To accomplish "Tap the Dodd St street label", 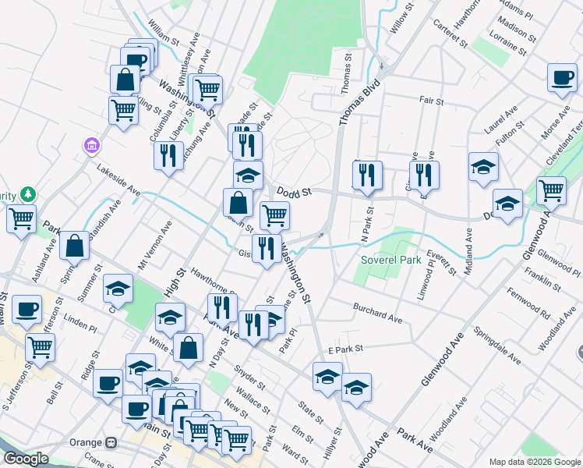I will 294,191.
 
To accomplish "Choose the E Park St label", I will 346,349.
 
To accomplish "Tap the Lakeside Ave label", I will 118,179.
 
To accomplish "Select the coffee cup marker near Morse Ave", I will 561,78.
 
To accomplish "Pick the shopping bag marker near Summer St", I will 74,246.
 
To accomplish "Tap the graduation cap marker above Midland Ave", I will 483,166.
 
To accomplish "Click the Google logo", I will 26,459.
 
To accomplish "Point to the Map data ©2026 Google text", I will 535,462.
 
